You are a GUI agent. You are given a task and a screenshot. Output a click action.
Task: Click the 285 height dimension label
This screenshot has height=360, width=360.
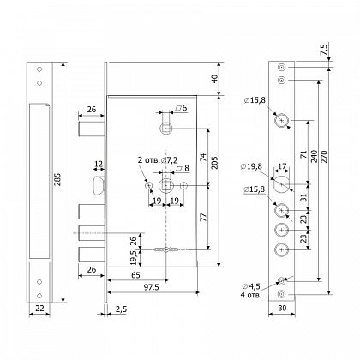point(57,179)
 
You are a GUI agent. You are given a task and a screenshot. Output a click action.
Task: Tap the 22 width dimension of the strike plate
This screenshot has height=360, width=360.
point(39,308)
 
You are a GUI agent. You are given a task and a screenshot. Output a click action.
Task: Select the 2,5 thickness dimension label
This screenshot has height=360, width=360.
point(121,309)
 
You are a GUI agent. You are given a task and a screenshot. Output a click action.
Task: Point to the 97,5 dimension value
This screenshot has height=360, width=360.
point(152,287)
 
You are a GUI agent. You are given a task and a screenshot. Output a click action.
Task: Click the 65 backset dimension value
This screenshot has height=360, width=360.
point(136,275)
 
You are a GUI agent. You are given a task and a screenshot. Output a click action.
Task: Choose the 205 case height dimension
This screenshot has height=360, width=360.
point(214,162)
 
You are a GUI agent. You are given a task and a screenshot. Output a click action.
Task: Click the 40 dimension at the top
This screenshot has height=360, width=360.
point(214,79)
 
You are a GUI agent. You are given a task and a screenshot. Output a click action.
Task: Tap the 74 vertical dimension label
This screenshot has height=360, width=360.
point(202,157)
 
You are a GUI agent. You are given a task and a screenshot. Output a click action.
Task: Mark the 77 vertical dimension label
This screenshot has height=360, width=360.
point(202,217)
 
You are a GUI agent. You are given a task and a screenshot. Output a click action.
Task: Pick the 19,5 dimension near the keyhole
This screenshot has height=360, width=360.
point(134,257)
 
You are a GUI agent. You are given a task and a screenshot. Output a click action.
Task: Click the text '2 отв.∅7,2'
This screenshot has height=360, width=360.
point(158,160)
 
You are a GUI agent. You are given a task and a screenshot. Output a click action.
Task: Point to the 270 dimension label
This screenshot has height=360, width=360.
point(323,156)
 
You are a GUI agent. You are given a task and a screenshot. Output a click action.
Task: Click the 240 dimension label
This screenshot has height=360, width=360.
point(314,156)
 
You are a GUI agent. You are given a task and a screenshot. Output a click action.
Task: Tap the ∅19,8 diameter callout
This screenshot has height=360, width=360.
point(252,166)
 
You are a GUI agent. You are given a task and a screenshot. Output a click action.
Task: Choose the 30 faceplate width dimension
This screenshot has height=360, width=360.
point(282,308)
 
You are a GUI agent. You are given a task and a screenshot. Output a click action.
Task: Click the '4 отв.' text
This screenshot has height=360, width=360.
point(251,295)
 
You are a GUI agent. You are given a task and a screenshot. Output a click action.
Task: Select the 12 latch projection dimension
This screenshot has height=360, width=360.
point(99,164)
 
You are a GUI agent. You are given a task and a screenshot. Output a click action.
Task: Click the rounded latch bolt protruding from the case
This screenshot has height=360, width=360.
point(98,186)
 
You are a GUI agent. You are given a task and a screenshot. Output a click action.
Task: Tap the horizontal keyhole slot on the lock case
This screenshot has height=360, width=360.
point(166,249)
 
